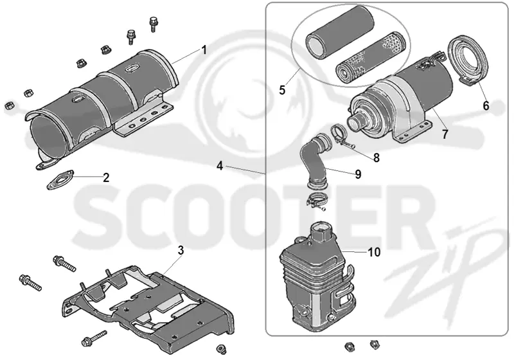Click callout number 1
tap(204, 50)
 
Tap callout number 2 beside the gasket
tap(106, 177)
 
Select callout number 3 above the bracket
tap(181, 251)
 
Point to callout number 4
tap(220, 166)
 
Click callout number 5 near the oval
tap(282, 90)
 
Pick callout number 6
tap(486, 105)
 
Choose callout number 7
tap(445, 134)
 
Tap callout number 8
tap(377, 157)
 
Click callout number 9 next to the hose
tap(358, 174)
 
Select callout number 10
tap(374, 252)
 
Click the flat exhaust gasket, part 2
tap(60, 180)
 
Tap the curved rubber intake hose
tap(314, 161)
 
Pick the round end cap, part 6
tap(467, 60)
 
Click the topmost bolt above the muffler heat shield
tap(153, 23)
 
